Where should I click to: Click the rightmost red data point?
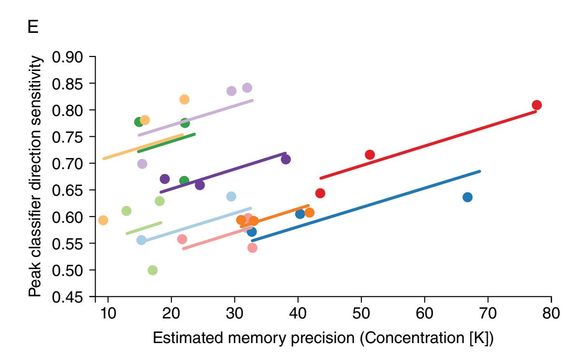tap(536, 105)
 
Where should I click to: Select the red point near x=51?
tap(370, 155)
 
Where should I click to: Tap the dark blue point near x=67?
tap(467, 197)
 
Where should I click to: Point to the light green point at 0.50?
tap(153, 270)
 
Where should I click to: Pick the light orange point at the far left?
tap(103, 220)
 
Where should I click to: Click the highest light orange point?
tap(184, 100)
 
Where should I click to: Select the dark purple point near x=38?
tap(285, 159)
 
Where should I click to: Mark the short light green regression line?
tap(143, 228)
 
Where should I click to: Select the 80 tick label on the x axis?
tap(551, 312)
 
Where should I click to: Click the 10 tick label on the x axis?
tap(108, 312)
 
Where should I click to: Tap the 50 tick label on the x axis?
tap(361, 312)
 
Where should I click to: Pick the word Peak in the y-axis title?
tap(34, 283)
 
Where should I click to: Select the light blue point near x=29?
tap(231, 196)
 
